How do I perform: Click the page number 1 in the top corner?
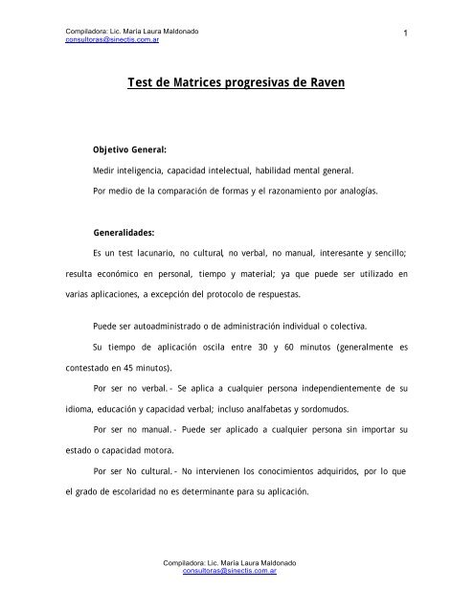pos(408,35)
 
